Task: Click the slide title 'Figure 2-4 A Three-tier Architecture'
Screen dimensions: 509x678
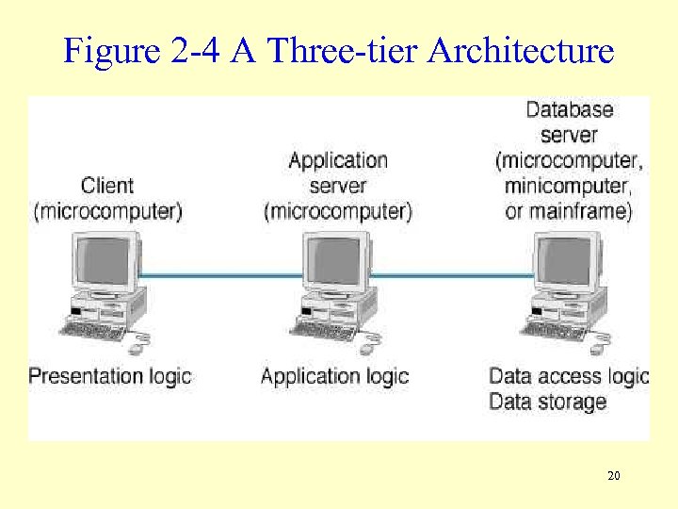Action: tap(338, 50)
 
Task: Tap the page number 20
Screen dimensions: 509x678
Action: tap(614, 476)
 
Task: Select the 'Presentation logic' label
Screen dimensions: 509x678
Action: tap(109, 376)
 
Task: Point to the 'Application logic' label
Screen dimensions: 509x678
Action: tap(334, 376)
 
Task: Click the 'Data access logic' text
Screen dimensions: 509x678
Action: tap(569, 376)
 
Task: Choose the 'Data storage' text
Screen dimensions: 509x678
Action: tap(547, 402)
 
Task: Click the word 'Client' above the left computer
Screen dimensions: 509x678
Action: tap(107, 186)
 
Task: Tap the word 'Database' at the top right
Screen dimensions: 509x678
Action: tap(569, 109)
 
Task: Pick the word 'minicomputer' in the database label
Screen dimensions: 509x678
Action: tap(565, 185)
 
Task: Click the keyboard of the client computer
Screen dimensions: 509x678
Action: tap(93, 331)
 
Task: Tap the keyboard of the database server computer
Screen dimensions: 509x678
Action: tap(555, 331)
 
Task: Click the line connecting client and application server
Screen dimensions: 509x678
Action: tap(221, 276)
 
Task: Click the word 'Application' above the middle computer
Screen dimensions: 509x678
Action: tap(338, 160)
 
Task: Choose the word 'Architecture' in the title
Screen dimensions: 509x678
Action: tap(520, 50)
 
